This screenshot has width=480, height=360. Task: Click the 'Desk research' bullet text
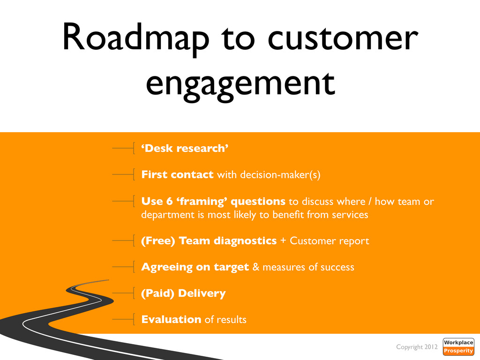click(x=185, y=149)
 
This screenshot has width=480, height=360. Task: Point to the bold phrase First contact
click(x=177, y=175)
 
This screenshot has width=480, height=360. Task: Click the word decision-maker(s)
click(x=280, y=175)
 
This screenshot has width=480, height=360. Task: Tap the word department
click(x=165, y=215)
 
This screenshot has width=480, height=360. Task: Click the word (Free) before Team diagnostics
click(x=158, y=241)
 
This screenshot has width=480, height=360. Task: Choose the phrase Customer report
click(x=330, y=241)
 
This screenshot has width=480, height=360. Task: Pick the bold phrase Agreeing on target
click(x=195, y=267)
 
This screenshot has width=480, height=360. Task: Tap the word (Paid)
click(x=158, y=293)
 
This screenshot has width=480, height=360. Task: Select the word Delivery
click(x=202, y=293)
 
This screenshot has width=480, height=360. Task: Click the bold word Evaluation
click(x=171, y=320)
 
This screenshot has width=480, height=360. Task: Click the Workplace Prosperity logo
click(x=458, y=347)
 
